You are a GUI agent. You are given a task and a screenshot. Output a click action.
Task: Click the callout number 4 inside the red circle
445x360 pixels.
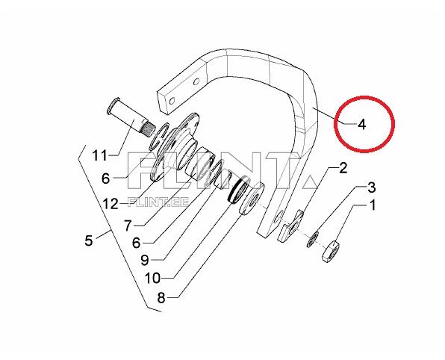click(361, 124)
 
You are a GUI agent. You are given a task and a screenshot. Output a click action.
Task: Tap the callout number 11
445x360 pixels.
click(100, 155)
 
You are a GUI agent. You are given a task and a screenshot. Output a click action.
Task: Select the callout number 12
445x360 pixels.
click(111, 204)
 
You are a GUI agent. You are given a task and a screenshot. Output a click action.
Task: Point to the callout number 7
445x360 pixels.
click(128, 226)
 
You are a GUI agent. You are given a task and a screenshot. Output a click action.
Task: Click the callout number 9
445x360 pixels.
click(145, 260)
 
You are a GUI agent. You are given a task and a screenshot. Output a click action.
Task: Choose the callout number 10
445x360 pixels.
click(152, 279)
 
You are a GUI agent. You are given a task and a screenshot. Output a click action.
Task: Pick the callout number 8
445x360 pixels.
click(161, 298)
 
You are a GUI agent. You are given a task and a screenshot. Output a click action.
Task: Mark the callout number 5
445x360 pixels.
click(89, 240)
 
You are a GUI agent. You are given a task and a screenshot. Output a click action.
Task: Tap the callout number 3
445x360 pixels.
click(371, 187)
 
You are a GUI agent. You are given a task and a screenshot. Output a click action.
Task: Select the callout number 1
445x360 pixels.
click(373, 205)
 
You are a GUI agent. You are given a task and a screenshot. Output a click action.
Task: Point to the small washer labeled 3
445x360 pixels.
click(312, 239)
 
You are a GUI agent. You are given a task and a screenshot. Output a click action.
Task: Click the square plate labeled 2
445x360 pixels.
click(290, 226)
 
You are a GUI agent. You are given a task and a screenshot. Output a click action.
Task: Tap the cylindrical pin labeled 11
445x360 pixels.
click(130, 117)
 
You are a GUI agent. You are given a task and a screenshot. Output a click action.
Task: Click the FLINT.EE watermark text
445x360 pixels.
click(158, 202)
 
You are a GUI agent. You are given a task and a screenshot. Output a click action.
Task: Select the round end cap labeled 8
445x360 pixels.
click(252, 199)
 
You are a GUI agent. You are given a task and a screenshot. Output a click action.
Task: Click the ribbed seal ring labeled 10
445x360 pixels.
click(239, 190)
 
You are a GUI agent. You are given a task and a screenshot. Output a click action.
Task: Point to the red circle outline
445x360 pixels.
click(364, 97)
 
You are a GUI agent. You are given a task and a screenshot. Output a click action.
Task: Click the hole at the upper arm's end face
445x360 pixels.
click(171, 101)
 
